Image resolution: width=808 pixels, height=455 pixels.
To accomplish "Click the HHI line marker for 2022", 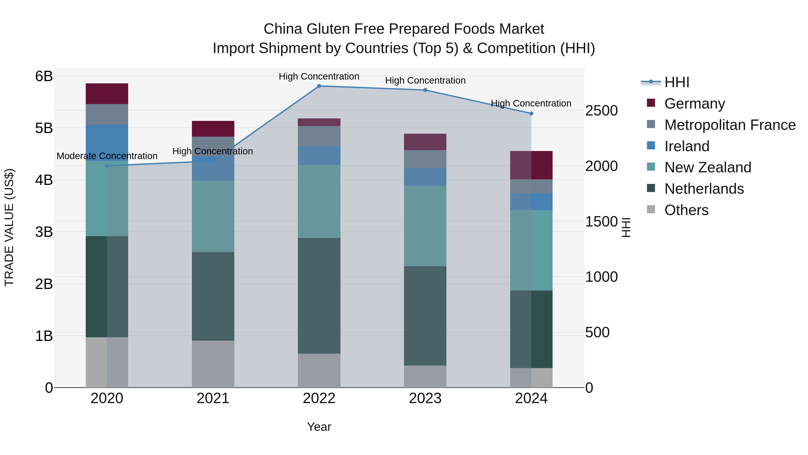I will pyautogui.click(x=319, y=86).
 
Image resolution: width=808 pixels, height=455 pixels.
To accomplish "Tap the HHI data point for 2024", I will pyautogui.click(x=531, y=114).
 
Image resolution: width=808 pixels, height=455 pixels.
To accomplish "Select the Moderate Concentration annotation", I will pyautogui.click(x=107, y=156).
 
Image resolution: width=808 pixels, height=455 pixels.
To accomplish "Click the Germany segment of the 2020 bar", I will pyautogui.click(x=107, y=93).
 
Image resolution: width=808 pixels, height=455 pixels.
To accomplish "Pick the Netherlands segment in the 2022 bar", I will pyautogui.click(x=319, y=295).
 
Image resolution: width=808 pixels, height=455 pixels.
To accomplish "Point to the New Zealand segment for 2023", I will pyautogui.click(x=425, y=226).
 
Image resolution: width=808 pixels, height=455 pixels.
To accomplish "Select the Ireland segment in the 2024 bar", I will pyautogui.click(x=531, y=202).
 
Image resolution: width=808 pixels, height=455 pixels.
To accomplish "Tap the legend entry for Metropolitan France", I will pyautogui.click(x=730, y=125).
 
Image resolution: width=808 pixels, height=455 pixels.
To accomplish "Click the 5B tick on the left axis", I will pyautogui.click(x=44, y=128).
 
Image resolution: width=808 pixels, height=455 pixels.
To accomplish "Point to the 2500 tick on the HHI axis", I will pyautogui.click(x=601, y=111).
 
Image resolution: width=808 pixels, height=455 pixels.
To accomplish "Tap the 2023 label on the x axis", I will pyautogui.click(x=425, y=398).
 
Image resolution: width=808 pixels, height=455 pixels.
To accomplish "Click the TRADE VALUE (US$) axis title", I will pyautogui.click(x=9, y=227).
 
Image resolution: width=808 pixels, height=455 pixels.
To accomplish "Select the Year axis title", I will pyautogui.click(x=319, y=427).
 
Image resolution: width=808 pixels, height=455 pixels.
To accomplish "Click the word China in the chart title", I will pyautogui.click(x=283, y=29).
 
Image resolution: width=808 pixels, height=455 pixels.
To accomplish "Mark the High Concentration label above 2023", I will pyautogui.click(x=425, y=81).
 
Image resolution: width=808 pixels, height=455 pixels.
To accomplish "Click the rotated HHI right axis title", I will pyautogui.click(x=626, y=227).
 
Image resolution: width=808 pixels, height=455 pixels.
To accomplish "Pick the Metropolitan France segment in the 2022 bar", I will pyautogui.click(x=319, y=136).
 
